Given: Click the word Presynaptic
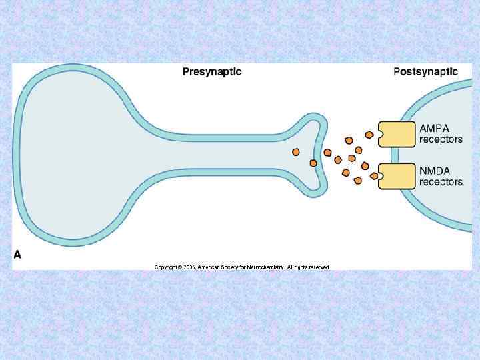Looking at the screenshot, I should (x=212, y=71).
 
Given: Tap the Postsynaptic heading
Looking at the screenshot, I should (x=425, y=71).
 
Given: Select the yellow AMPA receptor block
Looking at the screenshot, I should (x=396, y=133).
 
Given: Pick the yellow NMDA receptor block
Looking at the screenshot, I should (x=397, y=177).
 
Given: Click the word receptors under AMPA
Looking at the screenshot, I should (x=441, y=140).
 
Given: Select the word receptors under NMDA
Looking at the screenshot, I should (x=441, y=182).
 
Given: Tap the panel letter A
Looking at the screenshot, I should (x=18, y=254).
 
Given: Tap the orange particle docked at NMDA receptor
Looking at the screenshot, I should (x=374, y=177).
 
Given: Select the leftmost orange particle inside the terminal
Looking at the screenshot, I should (x=295, y=153).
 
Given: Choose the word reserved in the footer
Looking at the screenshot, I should (x=318, y=267).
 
